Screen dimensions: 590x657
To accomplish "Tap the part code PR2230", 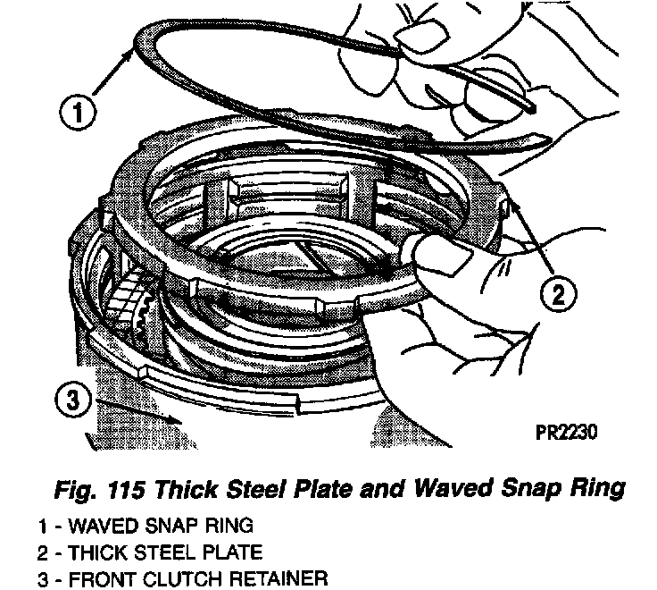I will pos(566,432).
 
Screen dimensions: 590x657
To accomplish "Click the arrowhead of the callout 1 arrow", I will pos(134,51).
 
